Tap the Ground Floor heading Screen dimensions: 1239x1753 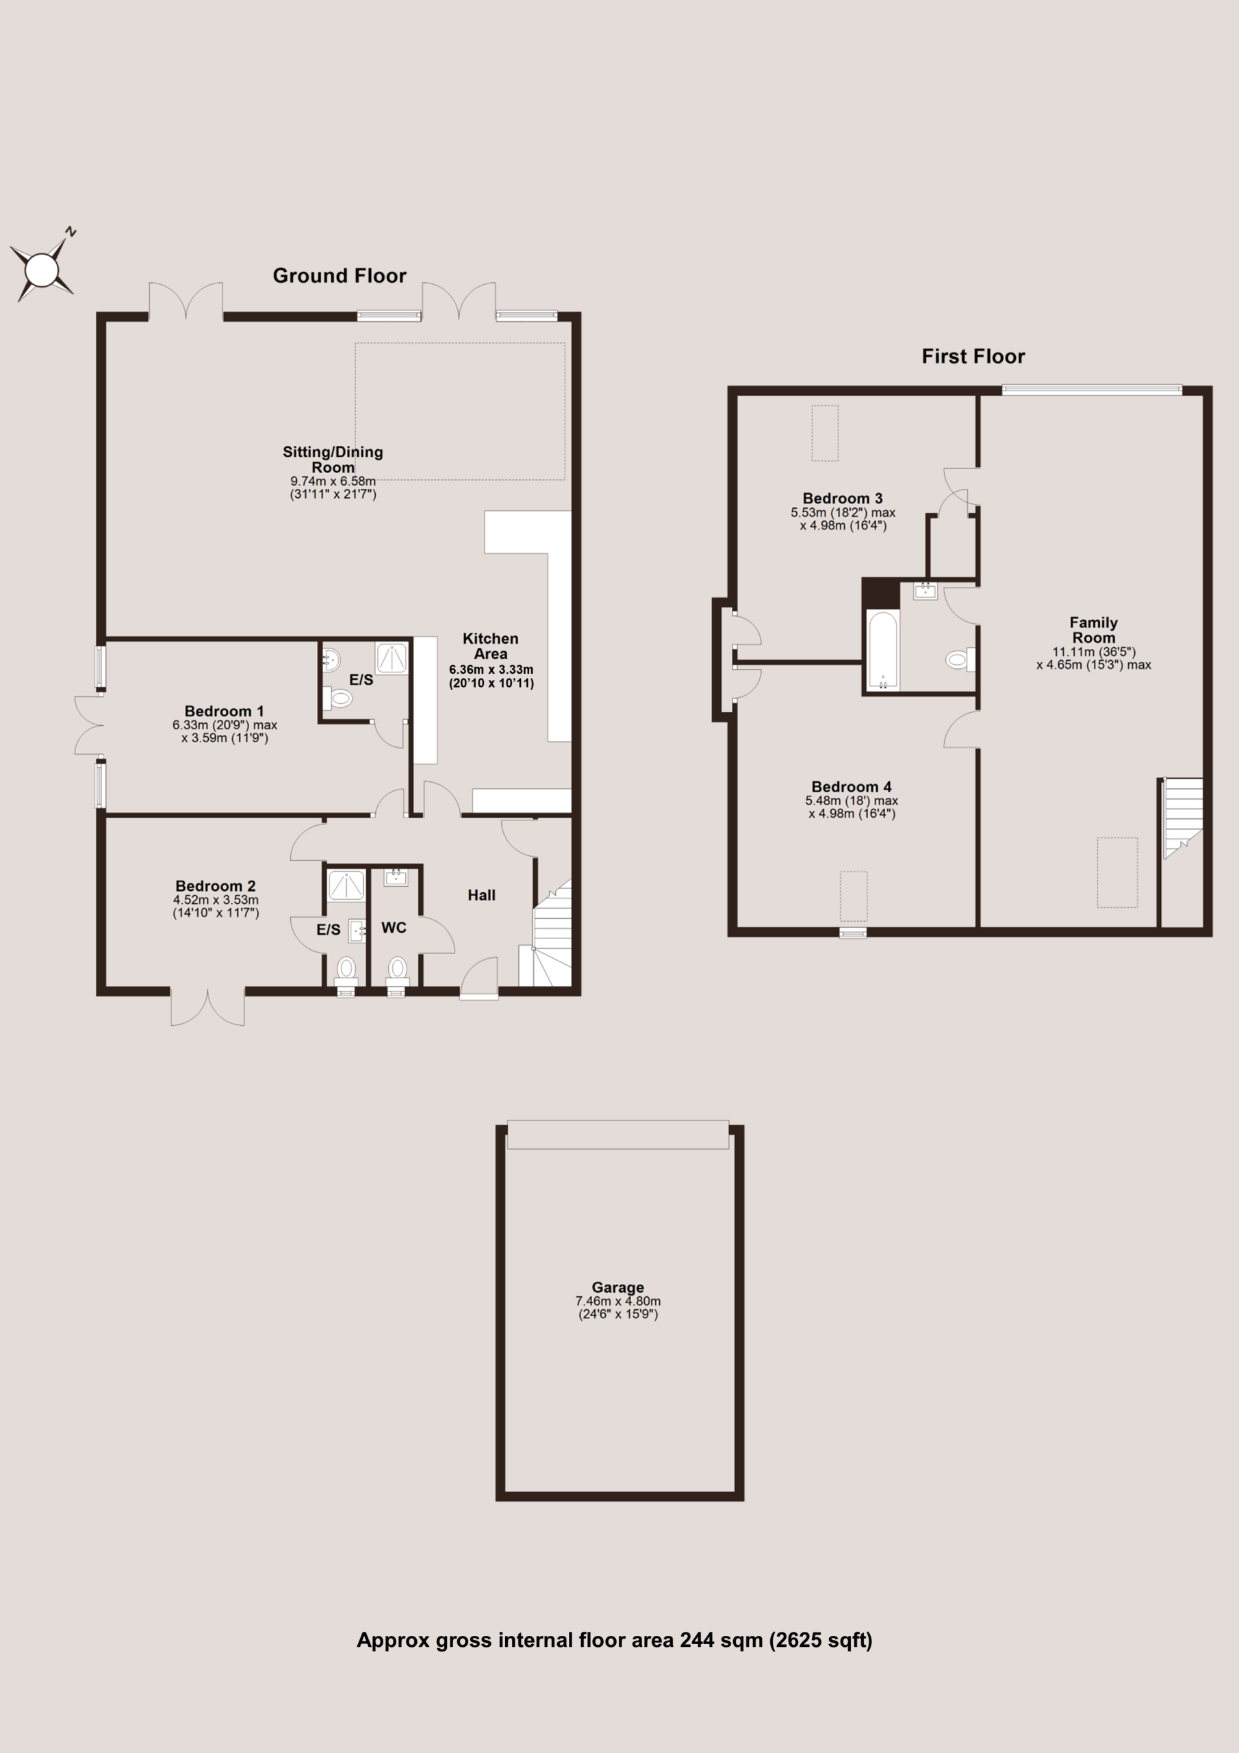[x=340, y=276]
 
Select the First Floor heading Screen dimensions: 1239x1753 [x=973, y=357]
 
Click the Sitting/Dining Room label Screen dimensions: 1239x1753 [x=333, y=459]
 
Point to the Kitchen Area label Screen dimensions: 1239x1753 [x=490, y=646]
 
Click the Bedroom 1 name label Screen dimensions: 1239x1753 [x=225, y=711]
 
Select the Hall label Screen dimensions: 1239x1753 [x=482, y=895]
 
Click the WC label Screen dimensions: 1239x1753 [x=394, y=928]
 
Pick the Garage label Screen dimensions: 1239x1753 [x=618, y=1287]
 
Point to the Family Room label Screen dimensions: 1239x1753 [x=1094, y=630]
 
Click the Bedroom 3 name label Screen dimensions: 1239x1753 [x=843, y=499]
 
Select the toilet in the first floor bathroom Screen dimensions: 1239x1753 [x=960, y=659]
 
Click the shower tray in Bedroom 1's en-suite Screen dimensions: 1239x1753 [x=392, y=658]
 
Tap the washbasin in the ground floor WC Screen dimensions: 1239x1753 [x=396, y=876]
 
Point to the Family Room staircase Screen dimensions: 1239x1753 [x=1182, y=818]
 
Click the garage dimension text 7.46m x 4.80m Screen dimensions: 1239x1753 [x=618, y=1301]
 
